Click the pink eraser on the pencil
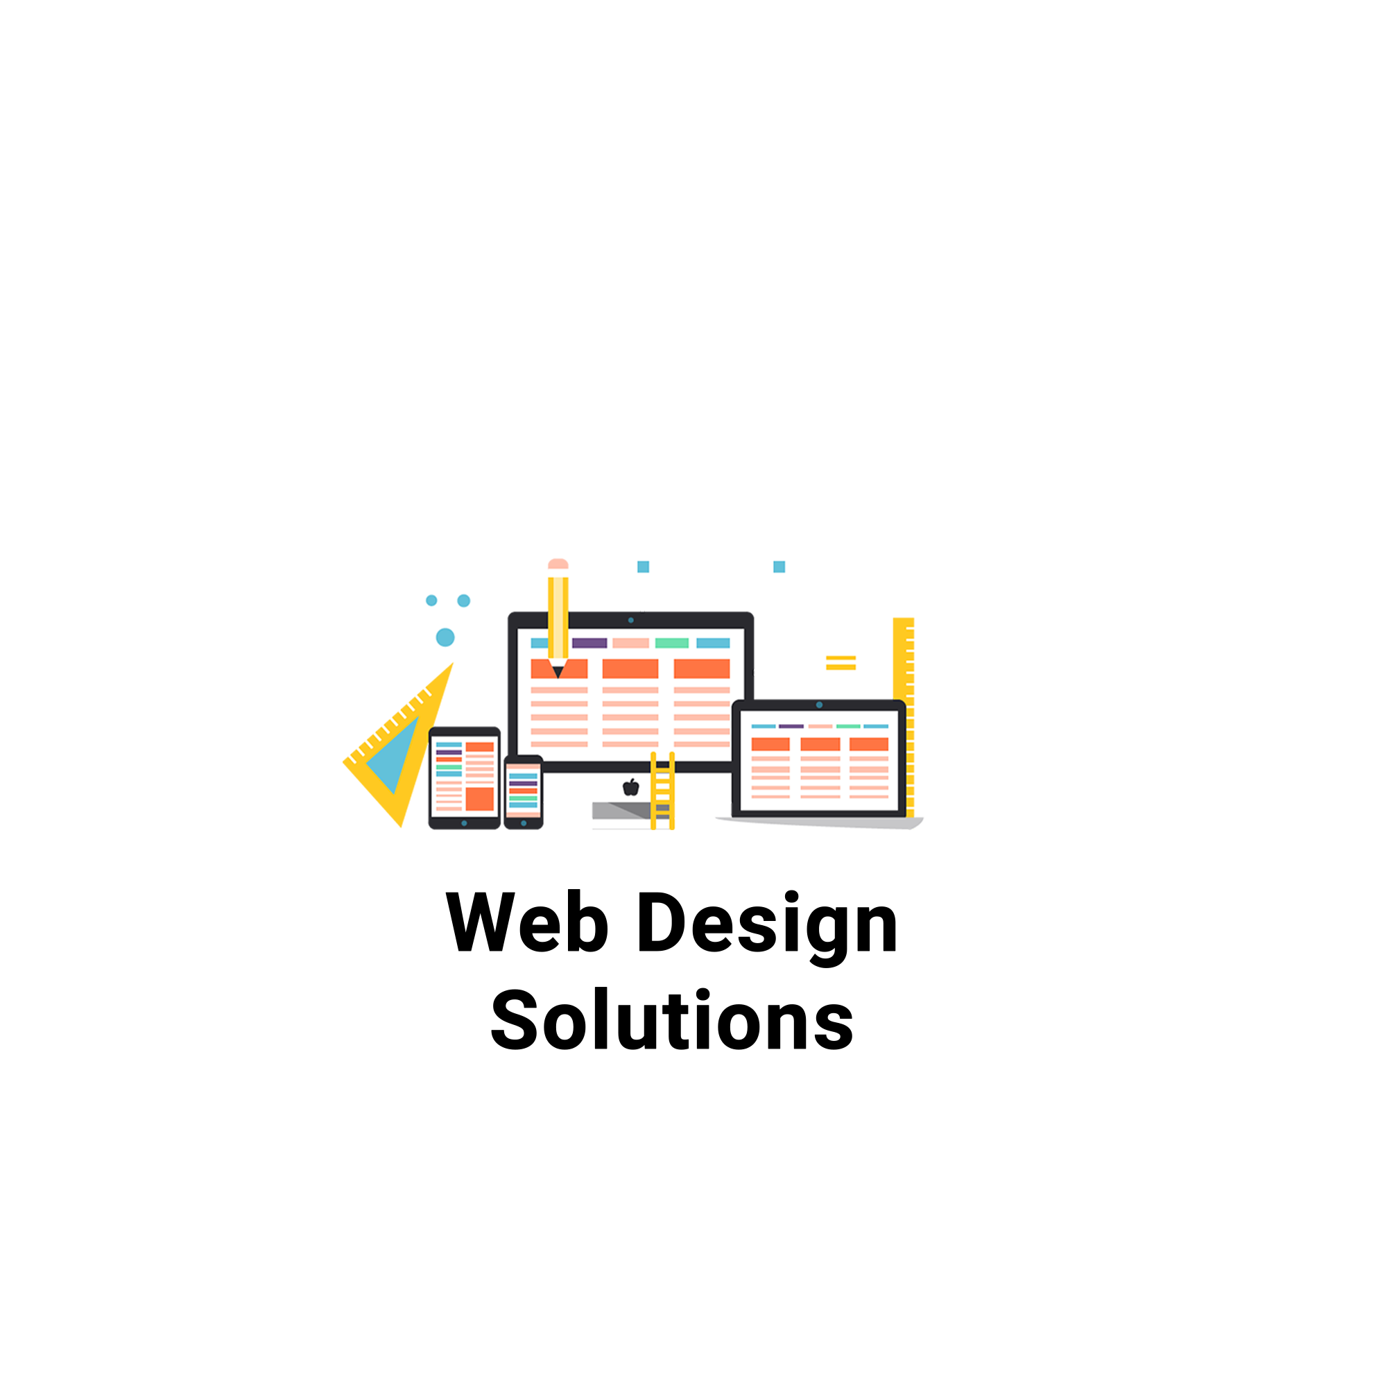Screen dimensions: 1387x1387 558,564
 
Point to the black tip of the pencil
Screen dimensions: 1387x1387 558,672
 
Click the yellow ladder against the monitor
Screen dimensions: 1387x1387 662,791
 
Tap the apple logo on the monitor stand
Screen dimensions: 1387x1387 631,788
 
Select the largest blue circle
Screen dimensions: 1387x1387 445,637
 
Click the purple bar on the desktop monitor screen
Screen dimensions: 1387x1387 589,644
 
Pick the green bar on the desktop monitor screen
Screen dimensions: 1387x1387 672,644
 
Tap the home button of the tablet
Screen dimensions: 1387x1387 465,823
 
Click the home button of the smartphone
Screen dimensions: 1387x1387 524,823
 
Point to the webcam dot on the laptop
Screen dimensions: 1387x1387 819,705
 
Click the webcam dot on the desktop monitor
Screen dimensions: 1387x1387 631,620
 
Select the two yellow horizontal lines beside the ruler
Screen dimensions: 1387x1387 841,662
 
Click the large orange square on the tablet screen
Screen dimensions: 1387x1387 480,799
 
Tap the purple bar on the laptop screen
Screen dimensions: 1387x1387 791,727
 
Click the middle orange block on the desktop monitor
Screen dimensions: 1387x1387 630,669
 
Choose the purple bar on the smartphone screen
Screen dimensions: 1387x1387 524,783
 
